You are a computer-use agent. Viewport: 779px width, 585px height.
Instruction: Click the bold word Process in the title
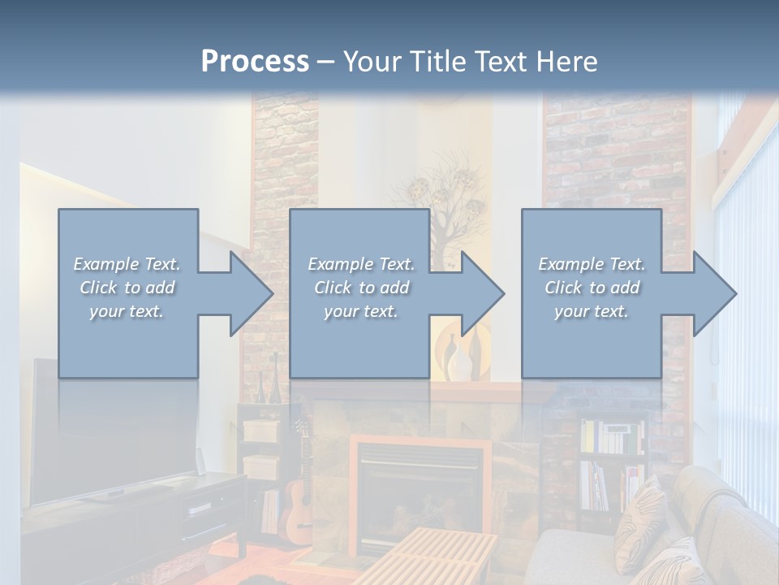tap(255, 61)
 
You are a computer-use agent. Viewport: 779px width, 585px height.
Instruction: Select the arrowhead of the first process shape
tap(252, 293)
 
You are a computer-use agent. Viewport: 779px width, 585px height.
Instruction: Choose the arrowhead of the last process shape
tap(715, 293)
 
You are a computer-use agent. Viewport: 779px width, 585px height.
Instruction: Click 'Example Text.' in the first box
tap(127, 264)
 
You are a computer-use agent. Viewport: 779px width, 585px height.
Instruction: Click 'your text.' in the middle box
tap(360, 311)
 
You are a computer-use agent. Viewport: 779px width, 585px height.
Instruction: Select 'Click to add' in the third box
tap(592, 288)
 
